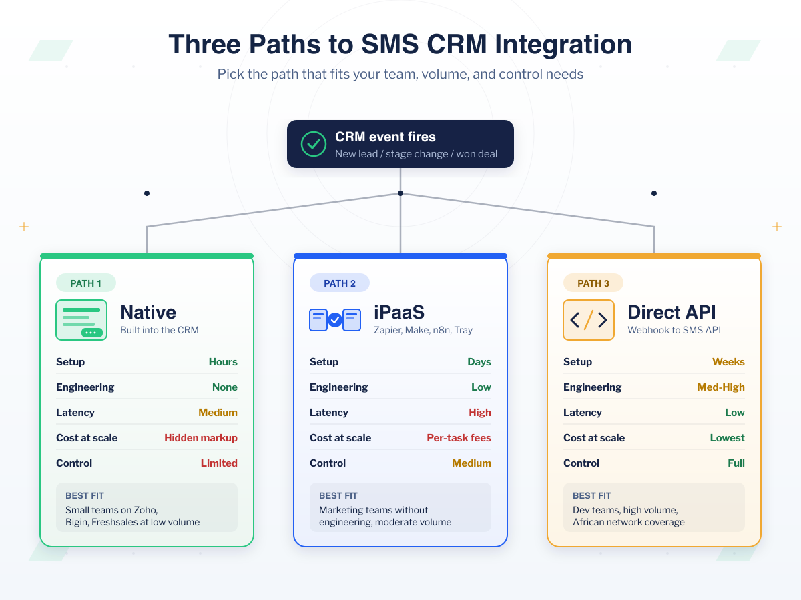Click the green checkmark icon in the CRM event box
314,144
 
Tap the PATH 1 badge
86,283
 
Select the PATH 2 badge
340,283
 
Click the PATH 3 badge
593,283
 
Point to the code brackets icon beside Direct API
589,320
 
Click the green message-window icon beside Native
81,320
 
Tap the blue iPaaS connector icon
335,320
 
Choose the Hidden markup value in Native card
201,438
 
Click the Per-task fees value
459,438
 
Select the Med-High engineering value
721,387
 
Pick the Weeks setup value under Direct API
728,362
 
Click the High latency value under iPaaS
480,413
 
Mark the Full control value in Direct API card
736,463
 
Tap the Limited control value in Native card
219,463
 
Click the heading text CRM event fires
385,137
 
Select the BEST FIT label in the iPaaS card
338,496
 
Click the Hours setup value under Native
223,362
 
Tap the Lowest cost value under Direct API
727,438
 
